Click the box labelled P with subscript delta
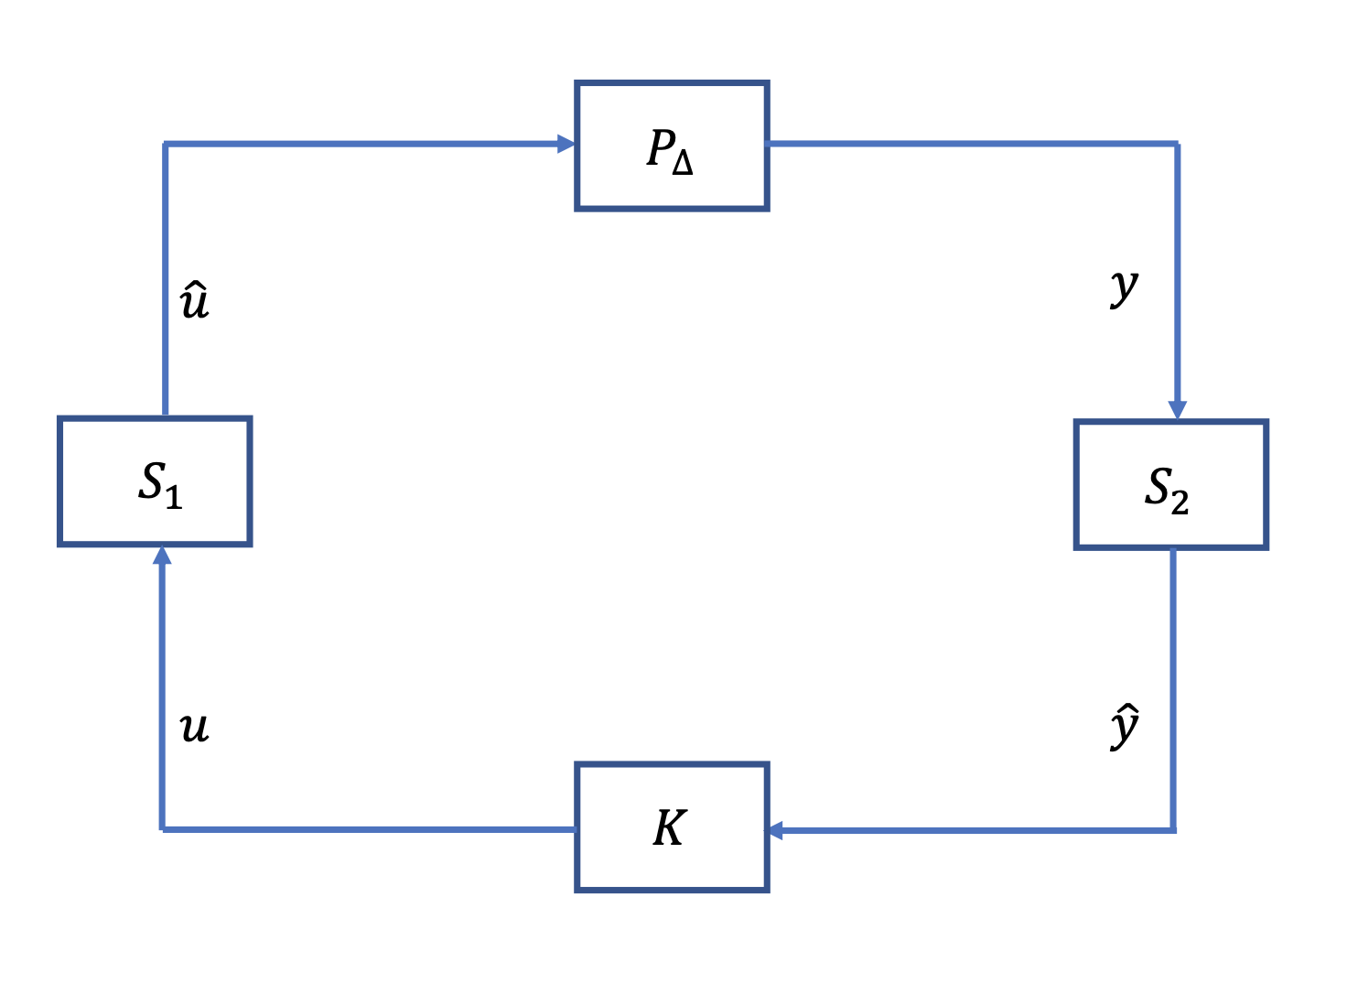click(672, 146)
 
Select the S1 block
click(155, 481)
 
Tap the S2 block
click(1170, 485)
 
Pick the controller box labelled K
click(672, 826)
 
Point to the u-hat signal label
click(195, 301)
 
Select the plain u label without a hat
click(194, 729)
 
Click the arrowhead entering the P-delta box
click(566, 144)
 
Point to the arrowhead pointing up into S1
click(162, 555)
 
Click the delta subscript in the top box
click(683, 164)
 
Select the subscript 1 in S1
click(174, 497)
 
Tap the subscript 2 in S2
click(1180, 502)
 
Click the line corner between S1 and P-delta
click(165, 144)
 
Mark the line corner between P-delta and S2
click(1177, 144)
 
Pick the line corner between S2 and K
click(1173, 830)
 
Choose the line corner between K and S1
click(162, 829)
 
